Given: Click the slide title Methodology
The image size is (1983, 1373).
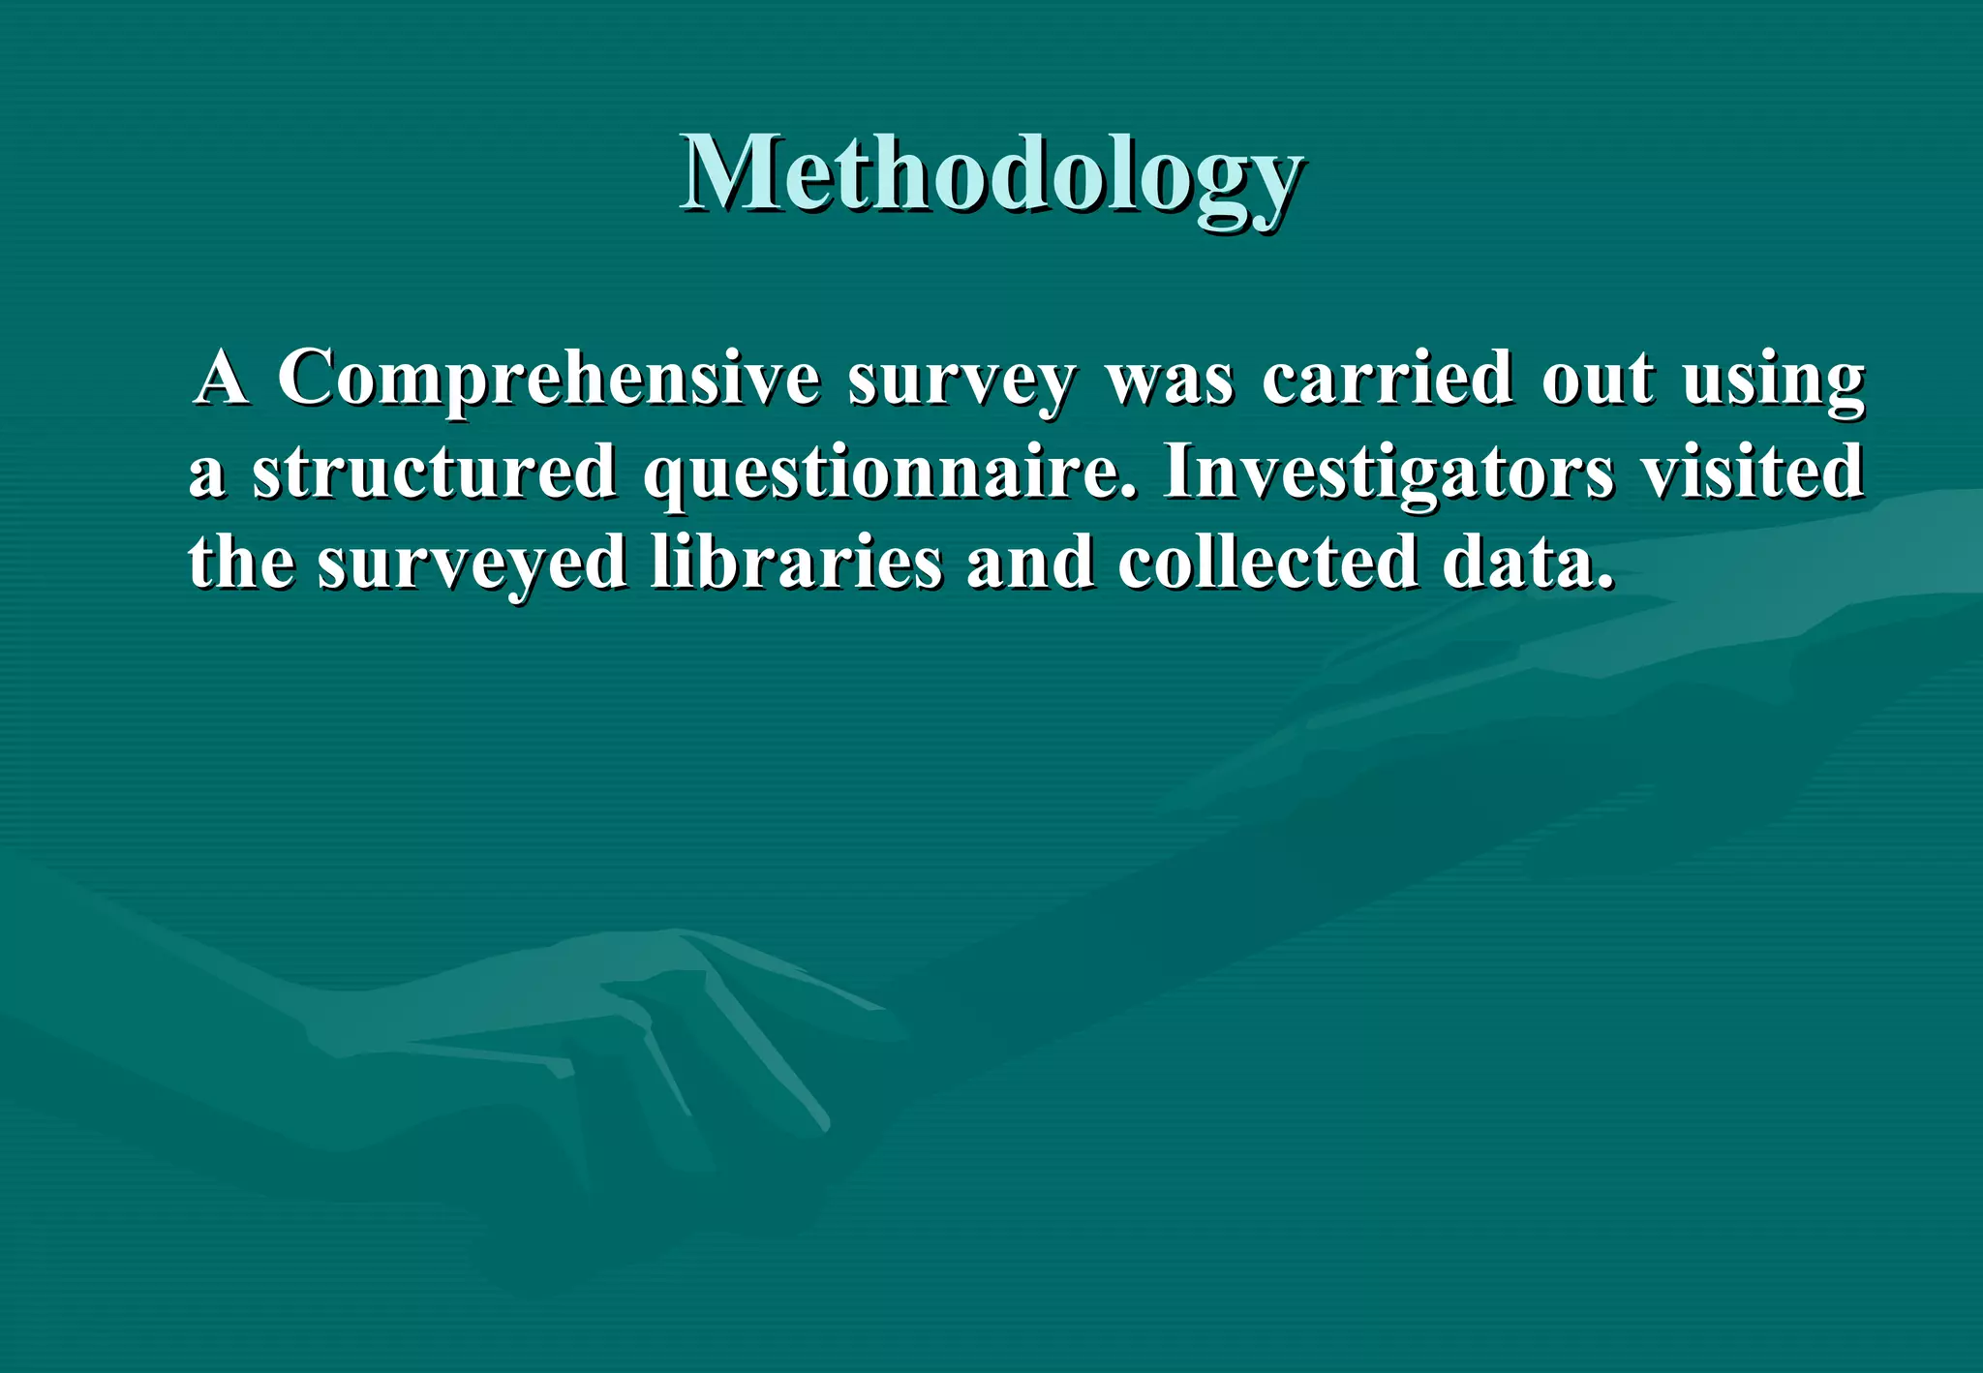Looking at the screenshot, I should tap(991, 174).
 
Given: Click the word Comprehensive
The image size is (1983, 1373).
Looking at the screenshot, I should tap(548, 378).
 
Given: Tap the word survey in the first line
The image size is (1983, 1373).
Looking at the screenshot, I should tap(961, 380).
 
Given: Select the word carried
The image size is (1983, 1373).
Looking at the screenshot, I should tap(1387, 378).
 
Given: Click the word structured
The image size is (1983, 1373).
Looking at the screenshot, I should tap(435, 471).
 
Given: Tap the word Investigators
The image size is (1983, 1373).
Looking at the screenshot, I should tap(1388, 473).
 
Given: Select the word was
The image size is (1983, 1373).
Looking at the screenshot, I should tap(1170, 380).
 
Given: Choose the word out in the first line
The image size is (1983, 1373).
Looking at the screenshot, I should tap(1598, 378).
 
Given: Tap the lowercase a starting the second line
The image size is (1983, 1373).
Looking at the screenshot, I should tap(207, 474).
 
